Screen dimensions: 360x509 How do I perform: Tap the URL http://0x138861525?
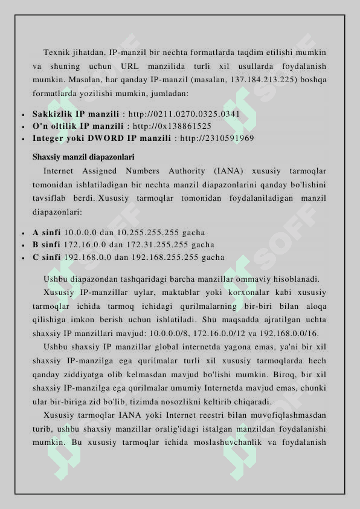click(x=172, y=126)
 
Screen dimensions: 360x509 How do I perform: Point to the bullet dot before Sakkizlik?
click(x=22, y=114)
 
